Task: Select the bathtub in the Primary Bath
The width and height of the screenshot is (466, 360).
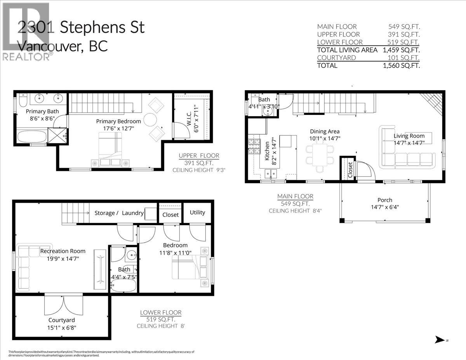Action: (x=31, y=136)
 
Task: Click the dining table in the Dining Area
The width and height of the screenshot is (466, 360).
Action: (x=320, y=155)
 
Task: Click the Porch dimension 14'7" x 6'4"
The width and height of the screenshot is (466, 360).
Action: (x=384, y=207)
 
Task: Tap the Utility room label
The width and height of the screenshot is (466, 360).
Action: (x=197, y=213)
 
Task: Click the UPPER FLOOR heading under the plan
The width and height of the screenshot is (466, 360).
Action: (x=199, y=156)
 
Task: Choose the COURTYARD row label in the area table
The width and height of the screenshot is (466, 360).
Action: (x=337, y=57)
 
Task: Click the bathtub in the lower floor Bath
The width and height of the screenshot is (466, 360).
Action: (x=123, y=287)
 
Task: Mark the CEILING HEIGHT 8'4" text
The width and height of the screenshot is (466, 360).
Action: (x=295, y=210)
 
